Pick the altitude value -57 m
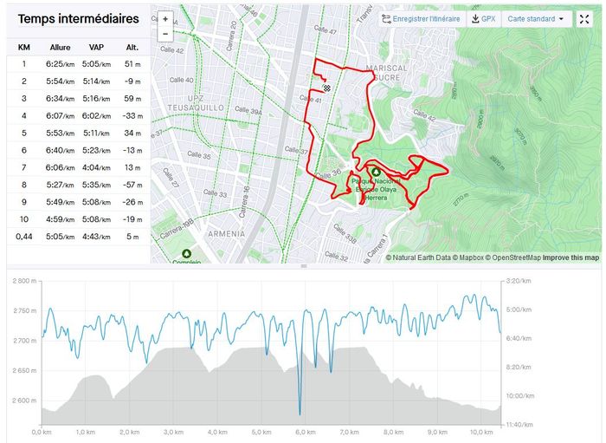click(x=131, y=185)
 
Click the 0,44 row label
click(x=24, y=237)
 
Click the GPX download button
click(x=483, y=18)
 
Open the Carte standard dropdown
click(x=536, y=18)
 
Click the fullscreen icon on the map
click(x=584, y=18)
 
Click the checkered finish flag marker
click(x=326, y=87)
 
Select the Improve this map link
click(x=571, y=257)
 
